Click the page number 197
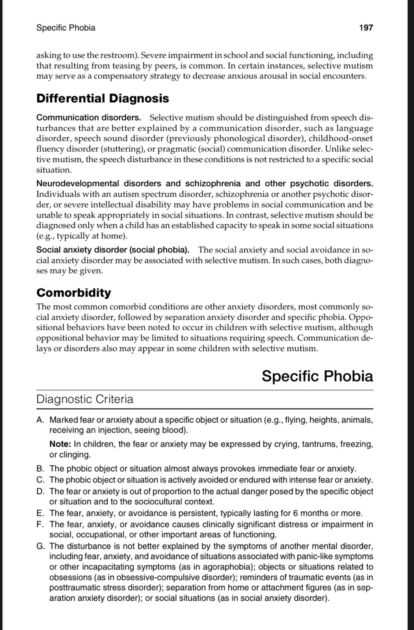tap(366, 28)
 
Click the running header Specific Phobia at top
tap(65, 28)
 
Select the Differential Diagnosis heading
tap(103, 98)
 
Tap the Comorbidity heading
tap(74, 293)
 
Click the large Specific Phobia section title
tap(317, 376)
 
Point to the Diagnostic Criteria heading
tap(85, 399)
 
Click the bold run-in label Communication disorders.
tap(89, 118)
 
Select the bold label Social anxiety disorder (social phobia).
tap(113, 250)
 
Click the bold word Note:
tap(60, 444)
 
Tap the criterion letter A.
tap(40, 420)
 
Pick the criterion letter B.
tap(40, 469)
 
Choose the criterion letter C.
tap(40, 480)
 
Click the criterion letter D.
tap(40, 491)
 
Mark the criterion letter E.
tap(40, 513)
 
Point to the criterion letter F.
tap(40, 524)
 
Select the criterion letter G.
tap(40, 547)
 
